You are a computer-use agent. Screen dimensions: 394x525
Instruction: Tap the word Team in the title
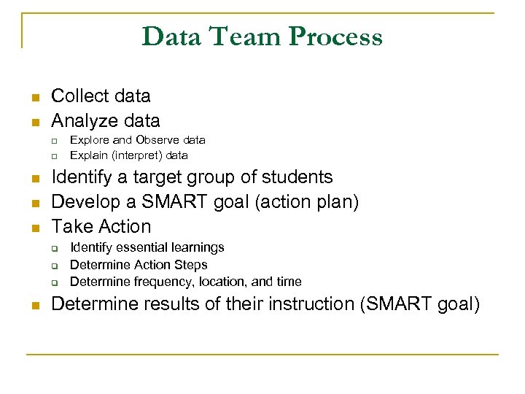pyautogui.click(x=241, y=36)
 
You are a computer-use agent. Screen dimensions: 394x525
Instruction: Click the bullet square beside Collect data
pyautogui.click(x=34, y=97)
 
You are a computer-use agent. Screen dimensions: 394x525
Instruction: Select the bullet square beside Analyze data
pyautogui.click(x=34, y=121)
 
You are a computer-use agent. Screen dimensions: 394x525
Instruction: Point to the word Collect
pyautogui.click(x=79, y=96)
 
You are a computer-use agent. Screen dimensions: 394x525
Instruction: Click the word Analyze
pyautogui.click(x=82, y=120)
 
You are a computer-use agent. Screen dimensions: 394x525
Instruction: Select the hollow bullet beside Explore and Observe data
pyautogui.click(x=53, y=140)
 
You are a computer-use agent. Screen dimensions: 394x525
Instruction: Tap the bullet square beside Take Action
pyautogui.click(x=34, y=228)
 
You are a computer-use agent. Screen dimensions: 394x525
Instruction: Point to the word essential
pyautogui.click(x=134, y=248)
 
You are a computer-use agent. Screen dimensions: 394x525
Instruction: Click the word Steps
pyautogui.click(x=191, y=265)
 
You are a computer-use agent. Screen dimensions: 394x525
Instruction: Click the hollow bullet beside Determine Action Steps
pyautogui.click(x=53, y=266)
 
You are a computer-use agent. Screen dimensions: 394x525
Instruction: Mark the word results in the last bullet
pyautogui.click(x=173, y=304)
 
